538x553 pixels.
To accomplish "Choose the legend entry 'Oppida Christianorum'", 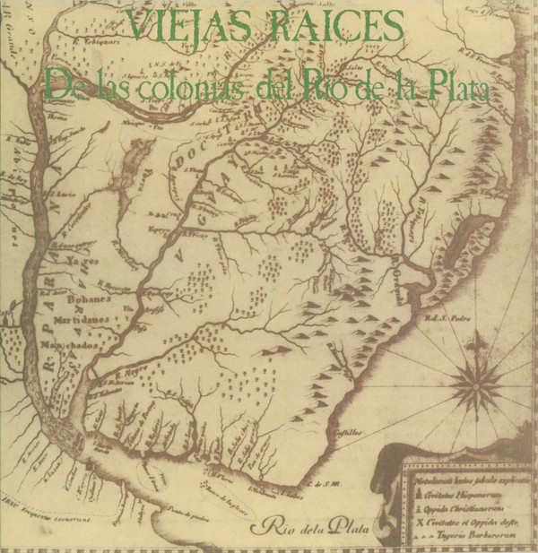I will (470, 508).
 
